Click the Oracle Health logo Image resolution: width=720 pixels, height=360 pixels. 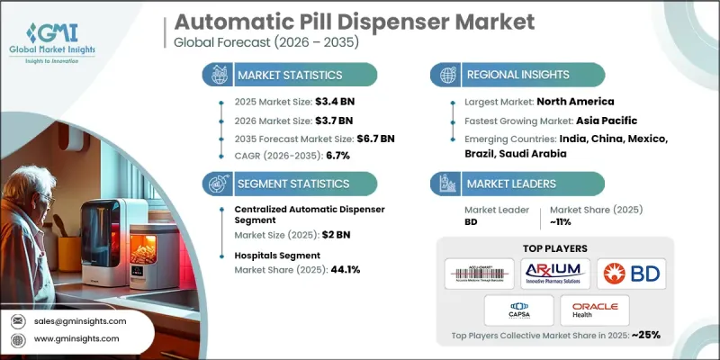point(589,310)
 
